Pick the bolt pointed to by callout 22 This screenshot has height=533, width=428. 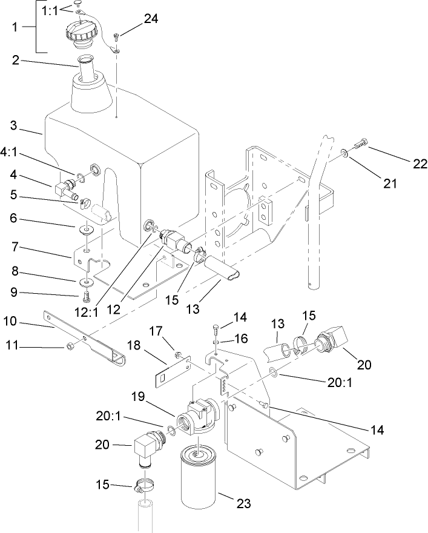pos(360,146)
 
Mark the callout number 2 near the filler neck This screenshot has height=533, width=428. pos(13,61)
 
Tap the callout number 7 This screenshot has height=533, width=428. pos(13,248)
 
